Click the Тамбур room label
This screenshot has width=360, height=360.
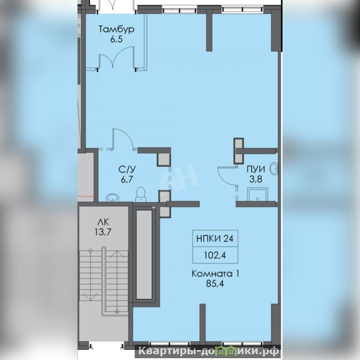tap(116, 30)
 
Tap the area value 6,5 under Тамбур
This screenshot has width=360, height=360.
tap(116, 39)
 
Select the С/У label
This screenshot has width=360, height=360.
tap(127, 169)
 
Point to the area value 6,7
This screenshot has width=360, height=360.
tap(127, 179)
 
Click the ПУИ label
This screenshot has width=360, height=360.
tap(256, 169)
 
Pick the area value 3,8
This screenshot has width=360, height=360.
tap(256, 179)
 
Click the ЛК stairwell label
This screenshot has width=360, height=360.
tap(103, 222)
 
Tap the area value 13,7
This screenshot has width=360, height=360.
tap(103, 232)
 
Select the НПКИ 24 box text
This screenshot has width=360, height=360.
tap(215, 238)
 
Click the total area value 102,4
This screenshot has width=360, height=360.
tap(215, 255)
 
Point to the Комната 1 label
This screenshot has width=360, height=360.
tap(215, 274)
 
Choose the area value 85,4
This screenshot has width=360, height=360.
tap(215, 284)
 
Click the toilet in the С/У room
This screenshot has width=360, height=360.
tap(141, 194)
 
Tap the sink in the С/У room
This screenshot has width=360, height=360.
tap(113, 198)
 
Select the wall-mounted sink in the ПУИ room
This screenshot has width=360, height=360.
tap(274, 169)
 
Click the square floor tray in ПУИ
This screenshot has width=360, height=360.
tap(257, 195)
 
